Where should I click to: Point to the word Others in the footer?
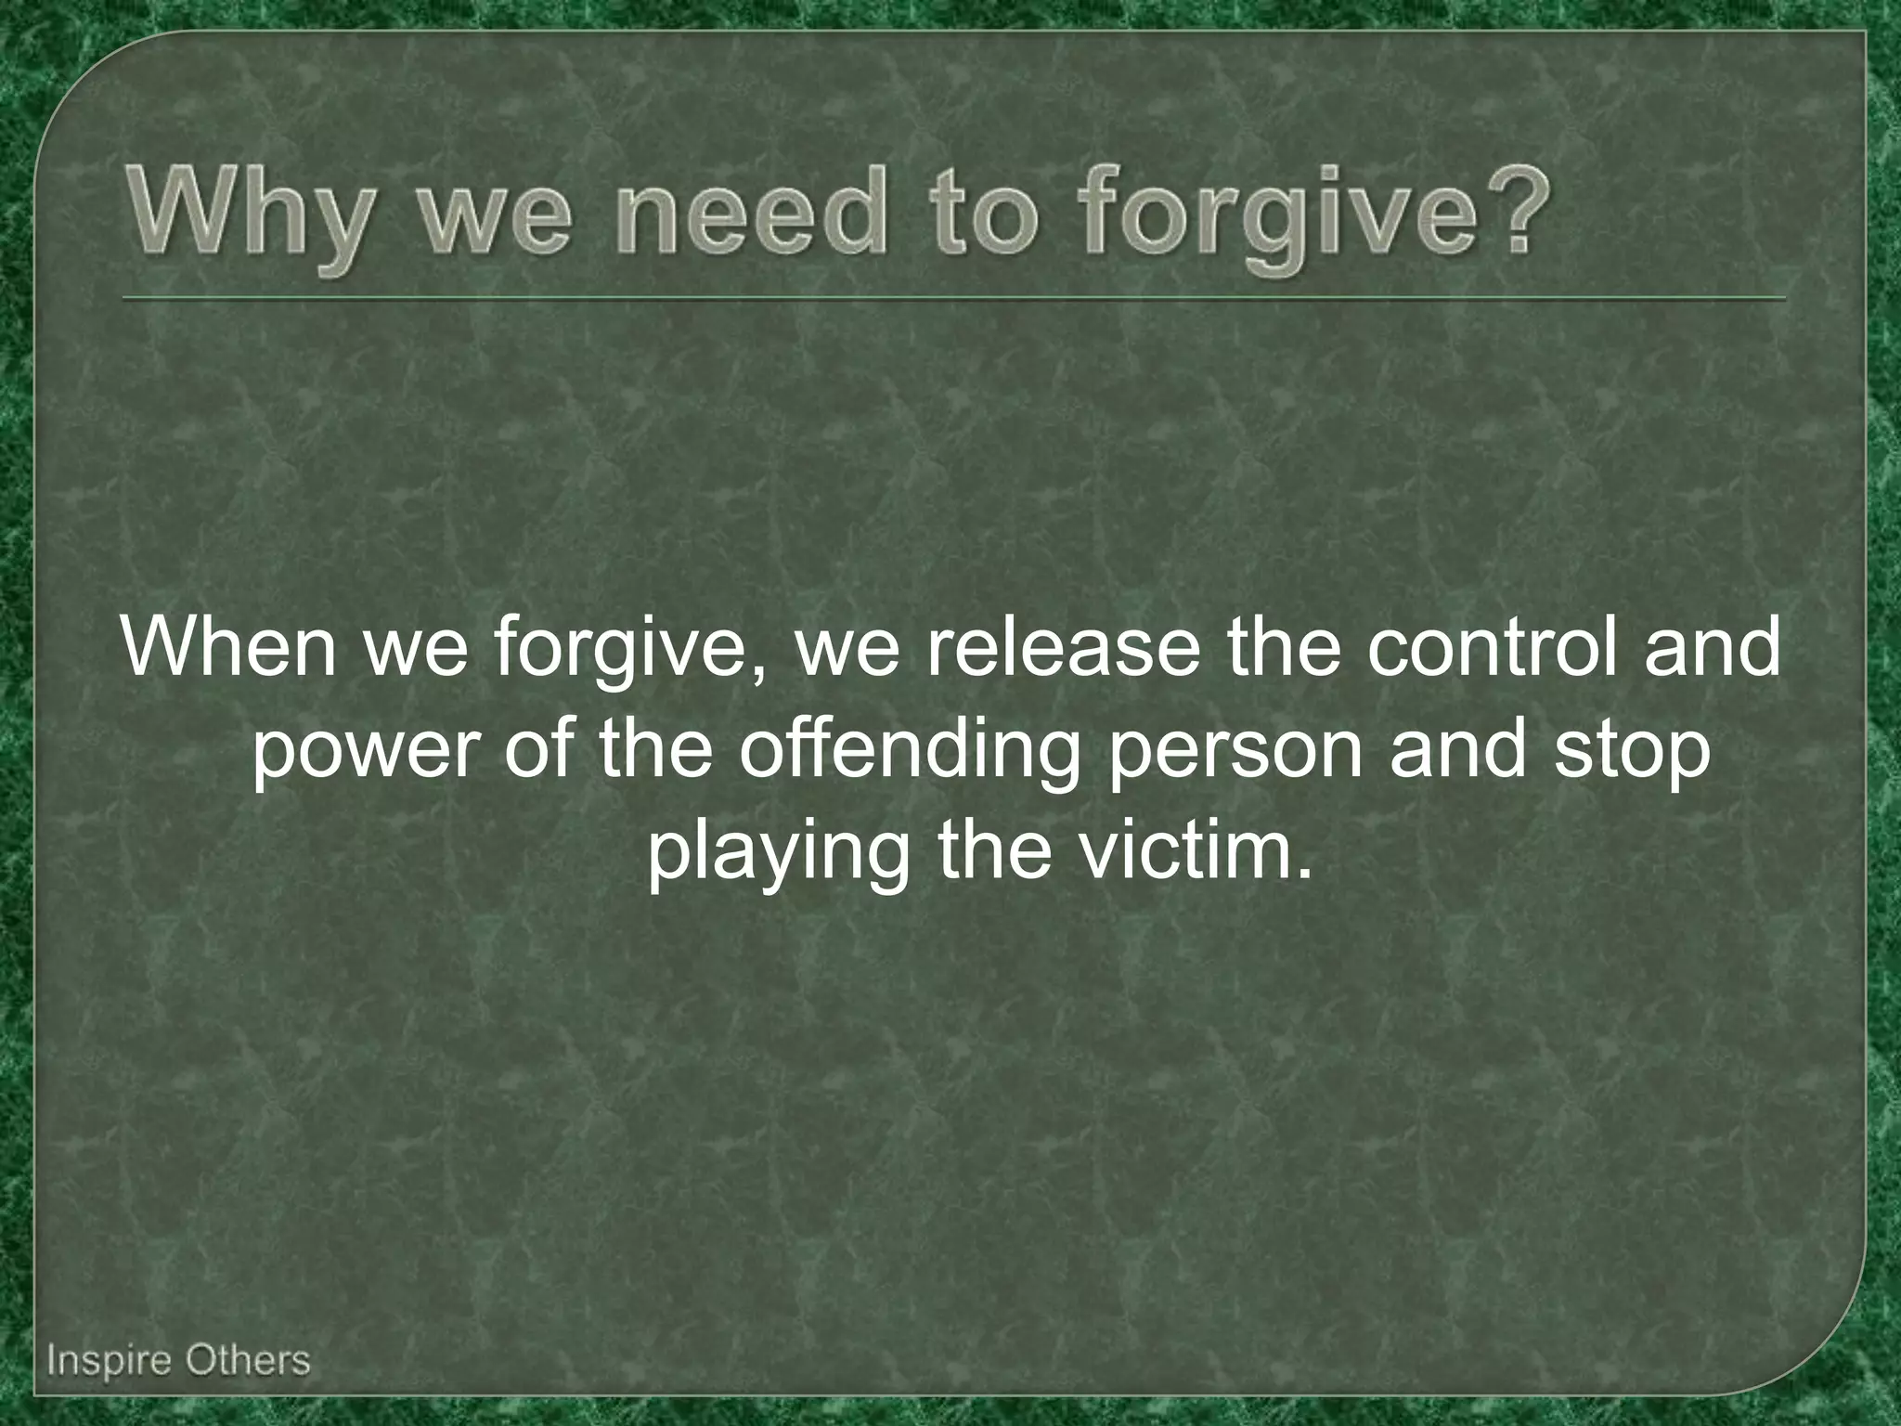[245, 1360]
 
